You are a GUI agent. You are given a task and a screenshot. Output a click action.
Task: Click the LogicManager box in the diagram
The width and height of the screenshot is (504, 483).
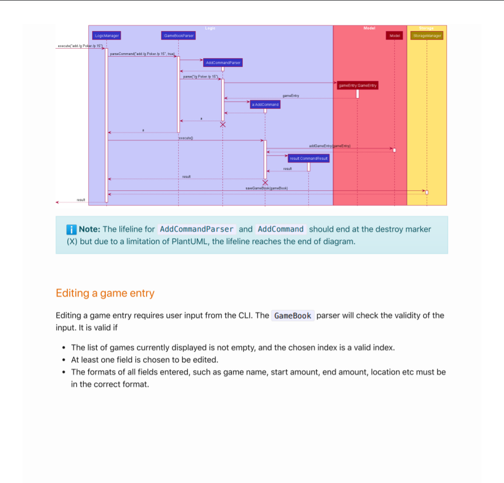point(106,36)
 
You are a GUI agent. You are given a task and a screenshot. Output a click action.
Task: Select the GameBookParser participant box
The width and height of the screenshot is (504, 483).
point(179,36)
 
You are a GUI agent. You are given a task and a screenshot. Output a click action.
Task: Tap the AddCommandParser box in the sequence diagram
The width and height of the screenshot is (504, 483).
point(223,62)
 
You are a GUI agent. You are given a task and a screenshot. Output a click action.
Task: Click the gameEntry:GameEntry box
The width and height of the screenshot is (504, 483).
point(357,86)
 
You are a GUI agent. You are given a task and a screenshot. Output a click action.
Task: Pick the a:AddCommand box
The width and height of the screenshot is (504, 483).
point(265,104)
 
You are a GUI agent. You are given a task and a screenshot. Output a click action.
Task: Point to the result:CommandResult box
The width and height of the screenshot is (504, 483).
point(308,159)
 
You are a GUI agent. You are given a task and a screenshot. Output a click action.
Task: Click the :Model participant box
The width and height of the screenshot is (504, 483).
point(394,36)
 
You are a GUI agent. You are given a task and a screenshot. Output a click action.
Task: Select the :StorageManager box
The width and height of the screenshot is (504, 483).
point(427,36)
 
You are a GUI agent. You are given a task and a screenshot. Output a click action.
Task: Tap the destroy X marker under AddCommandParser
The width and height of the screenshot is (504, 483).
point(223,124)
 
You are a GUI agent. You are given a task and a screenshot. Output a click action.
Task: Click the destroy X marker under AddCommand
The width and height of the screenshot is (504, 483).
point(265,182)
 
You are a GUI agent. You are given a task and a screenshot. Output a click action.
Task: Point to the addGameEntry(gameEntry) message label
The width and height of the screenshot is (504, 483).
point(330,146)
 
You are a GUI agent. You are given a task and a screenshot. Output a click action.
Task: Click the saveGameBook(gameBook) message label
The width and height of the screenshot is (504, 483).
point(266,187)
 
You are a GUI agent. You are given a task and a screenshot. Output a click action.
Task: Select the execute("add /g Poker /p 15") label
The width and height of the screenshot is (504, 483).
point(80,46)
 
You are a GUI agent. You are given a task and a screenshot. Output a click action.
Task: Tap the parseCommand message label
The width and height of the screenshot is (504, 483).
point(142,53)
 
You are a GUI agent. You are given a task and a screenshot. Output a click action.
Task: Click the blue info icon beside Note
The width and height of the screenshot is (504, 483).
point(71,229)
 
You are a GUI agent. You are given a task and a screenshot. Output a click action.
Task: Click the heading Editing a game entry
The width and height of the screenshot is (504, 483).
point(105,293)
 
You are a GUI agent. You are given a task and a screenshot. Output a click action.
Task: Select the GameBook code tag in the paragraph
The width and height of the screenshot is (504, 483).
point(292,315)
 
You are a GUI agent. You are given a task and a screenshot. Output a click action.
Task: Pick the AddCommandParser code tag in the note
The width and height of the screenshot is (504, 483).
point(196,229)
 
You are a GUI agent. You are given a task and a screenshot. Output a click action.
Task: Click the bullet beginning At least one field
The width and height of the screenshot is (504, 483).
point(144,360)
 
